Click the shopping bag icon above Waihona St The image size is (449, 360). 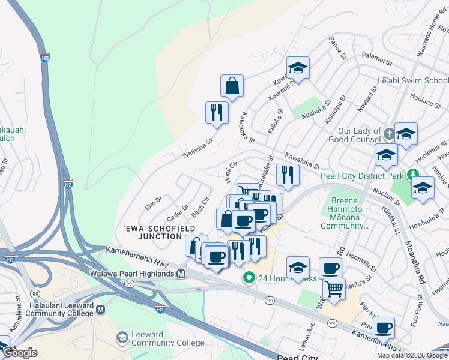[x=232, y=86]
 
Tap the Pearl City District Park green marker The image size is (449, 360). [x=413, y=175]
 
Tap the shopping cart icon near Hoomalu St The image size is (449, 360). [x=334, y=290]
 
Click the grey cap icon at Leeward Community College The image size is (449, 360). [x=122, y=338]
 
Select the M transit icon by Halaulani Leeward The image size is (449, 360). [x=101, y=310]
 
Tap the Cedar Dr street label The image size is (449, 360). [x=178, y=211]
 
